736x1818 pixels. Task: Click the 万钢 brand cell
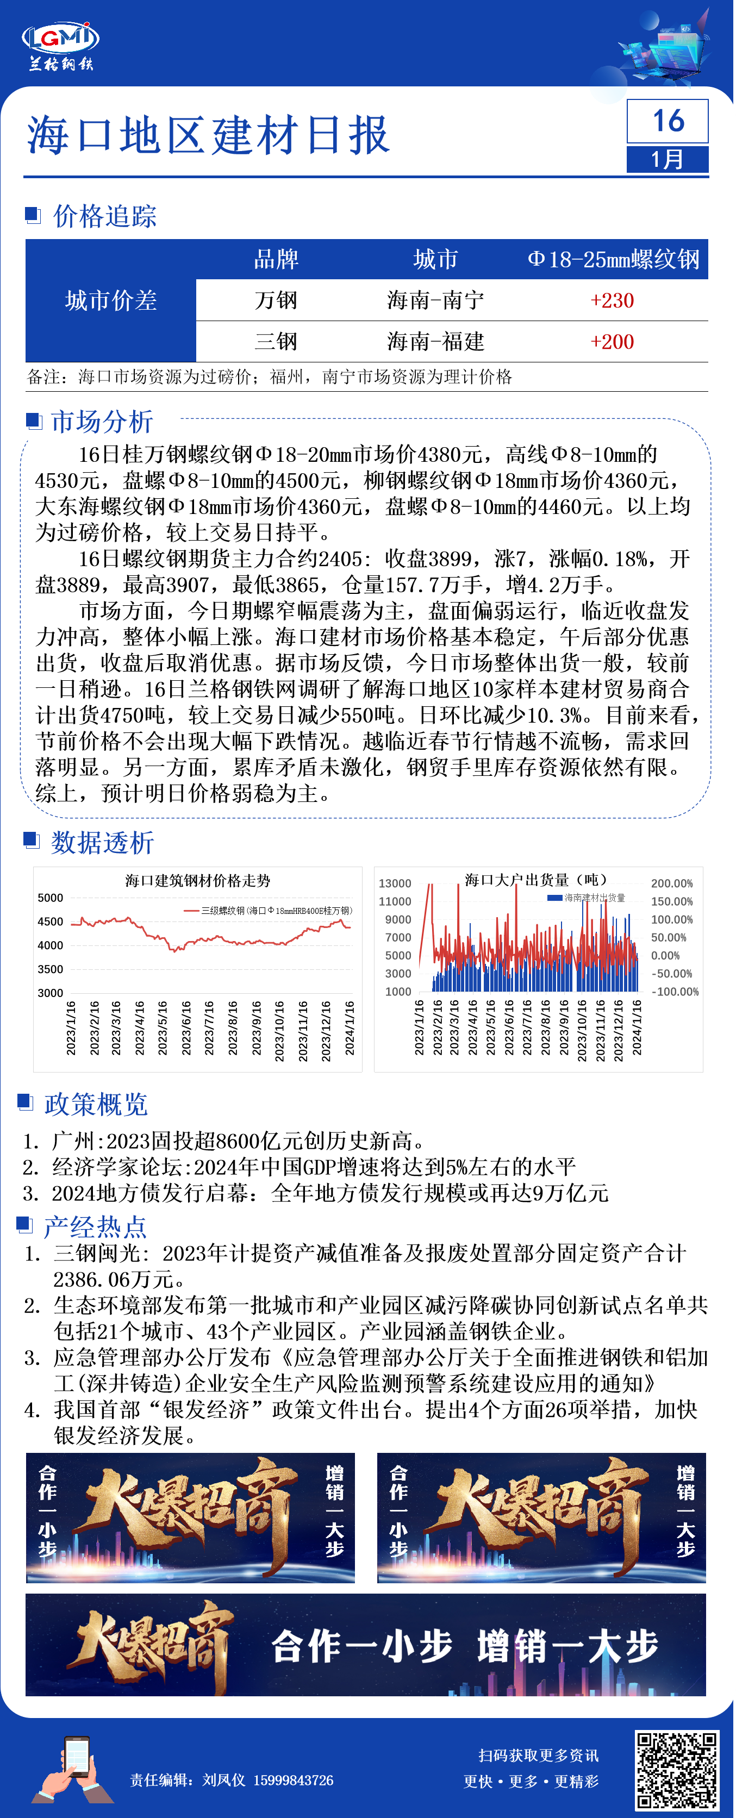pos(276,300)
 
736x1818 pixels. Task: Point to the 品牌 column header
pos(276,260)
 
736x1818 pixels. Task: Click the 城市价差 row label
pos(111,300)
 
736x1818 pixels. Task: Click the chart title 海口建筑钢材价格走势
pos(198,880)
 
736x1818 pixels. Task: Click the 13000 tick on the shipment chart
pos(395,883)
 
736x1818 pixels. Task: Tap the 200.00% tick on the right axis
pos(672,883)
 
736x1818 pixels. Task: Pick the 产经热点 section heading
pos(95,1227)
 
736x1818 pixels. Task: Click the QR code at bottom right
pos(676,1770)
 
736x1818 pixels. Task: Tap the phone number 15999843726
pos(293,1781)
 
